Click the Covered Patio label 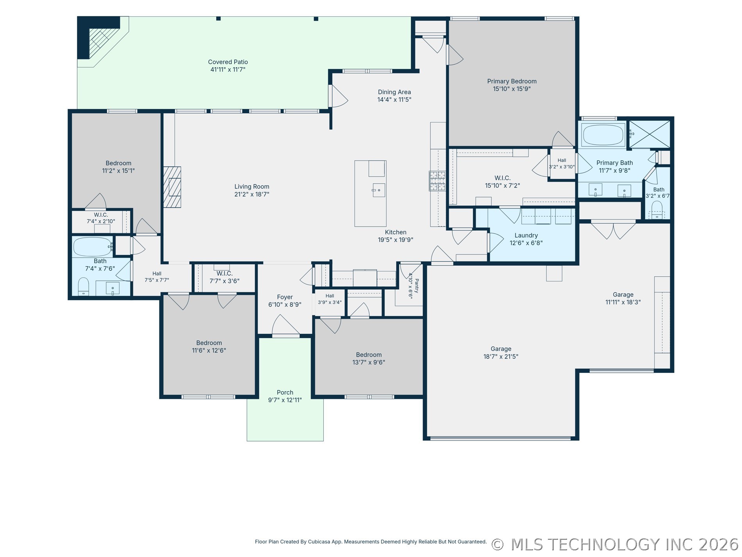(x=228, y=62)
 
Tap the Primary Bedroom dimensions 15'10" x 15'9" (x=512, y=89)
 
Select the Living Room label (x=251, y=186)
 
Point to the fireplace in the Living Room (x=172, y=187)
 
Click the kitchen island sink (x=379, y=190)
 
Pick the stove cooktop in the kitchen (x=437, y=181)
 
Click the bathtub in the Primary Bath (x=603, y=135)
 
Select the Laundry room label (x=526, y=235)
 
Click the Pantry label (x=416, y=286)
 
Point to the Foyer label (x=285, y=297)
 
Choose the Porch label (x=285, y=392)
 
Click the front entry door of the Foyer (x=286, y=335)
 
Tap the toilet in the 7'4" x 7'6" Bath (x=84, y=287)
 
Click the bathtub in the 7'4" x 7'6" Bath (x=93, y=247)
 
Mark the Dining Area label (x=394, y=92)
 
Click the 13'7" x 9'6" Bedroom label (x=369, y=355)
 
